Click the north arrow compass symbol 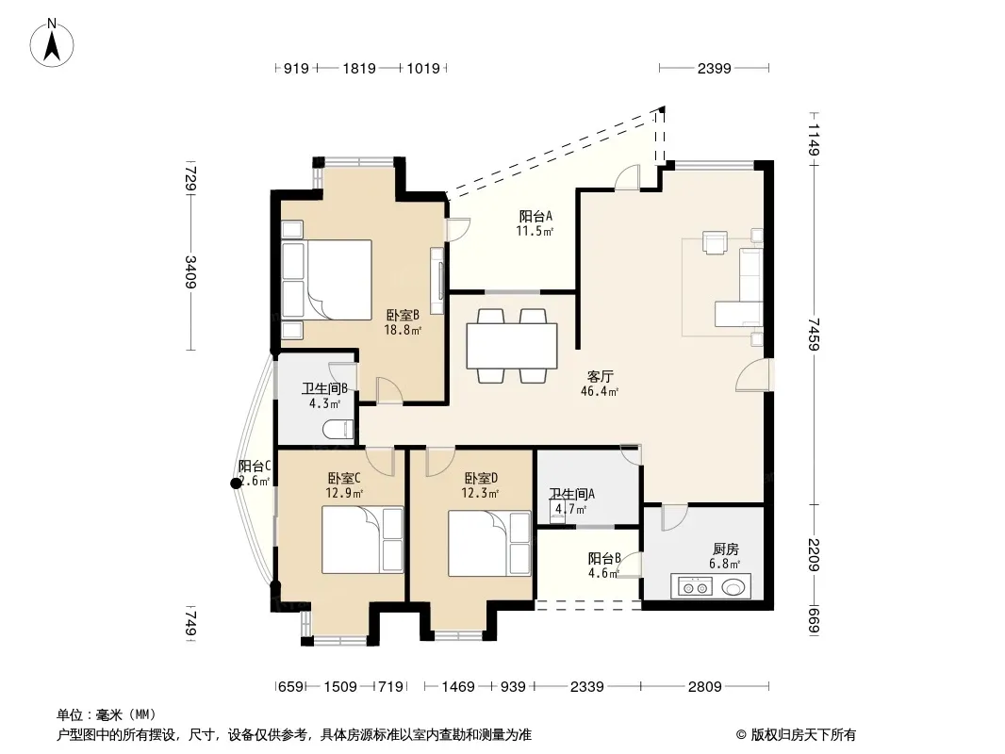click(52, 42)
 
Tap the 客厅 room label click(600, 376)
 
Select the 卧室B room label click(403, 315)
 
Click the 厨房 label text click(726, 549)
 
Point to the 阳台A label click(535, 217)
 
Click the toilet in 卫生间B click(338, 429)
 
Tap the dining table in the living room click(512, 345)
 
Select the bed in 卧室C click(362, 540)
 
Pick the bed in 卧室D click(489, 543)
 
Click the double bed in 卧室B click(327, 280)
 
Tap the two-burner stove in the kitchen click(694, 587)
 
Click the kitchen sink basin click(734, 587)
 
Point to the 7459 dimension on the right click(814, 335)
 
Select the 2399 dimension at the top click(714, 68)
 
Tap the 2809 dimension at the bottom click(705, 687)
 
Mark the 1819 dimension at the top click(359, 68)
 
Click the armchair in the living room click(715, 242)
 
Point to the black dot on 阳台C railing click(236, 484)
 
